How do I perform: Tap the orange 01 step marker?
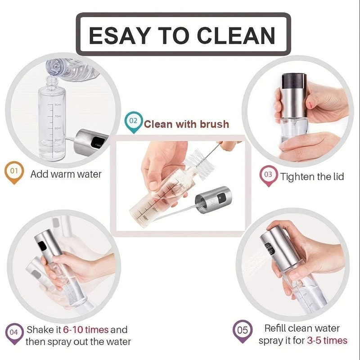pos(14,172)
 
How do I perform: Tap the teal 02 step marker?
pos(133,121)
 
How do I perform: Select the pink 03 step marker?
pos(268,174)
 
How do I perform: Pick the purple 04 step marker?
pos(14,332)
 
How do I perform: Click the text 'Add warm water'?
pos(66,174)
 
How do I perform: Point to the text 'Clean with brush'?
pos(186,124)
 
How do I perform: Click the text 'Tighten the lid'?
pos(312,176)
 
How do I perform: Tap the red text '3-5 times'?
pos(327,341)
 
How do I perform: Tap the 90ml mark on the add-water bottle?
pos(58,104)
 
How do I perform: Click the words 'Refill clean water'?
pos(302,328)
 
